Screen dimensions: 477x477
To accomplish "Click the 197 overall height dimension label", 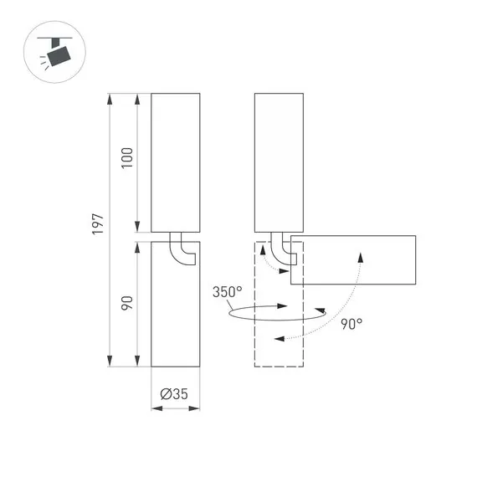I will tap(98, 223).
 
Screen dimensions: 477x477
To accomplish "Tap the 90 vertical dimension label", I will tap(127, 303).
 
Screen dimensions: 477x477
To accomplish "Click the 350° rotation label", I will tap(227, 292).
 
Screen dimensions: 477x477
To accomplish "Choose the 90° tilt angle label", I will tap(351, 323).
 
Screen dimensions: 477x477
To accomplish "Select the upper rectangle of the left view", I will tap(176, 162).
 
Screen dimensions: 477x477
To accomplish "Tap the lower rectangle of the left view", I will tap(176, 305).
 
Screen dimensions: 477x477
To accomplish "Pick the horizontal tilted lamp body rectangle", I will tap(353, 260).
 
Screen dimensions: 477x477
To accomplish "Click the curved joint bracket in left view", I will tap(181, 250).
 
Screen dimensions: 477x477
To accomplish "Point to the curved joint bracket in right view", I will tap(286, 250).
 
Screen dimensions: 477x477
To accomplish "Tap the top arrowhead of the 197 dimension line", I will tap(110, 100).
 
